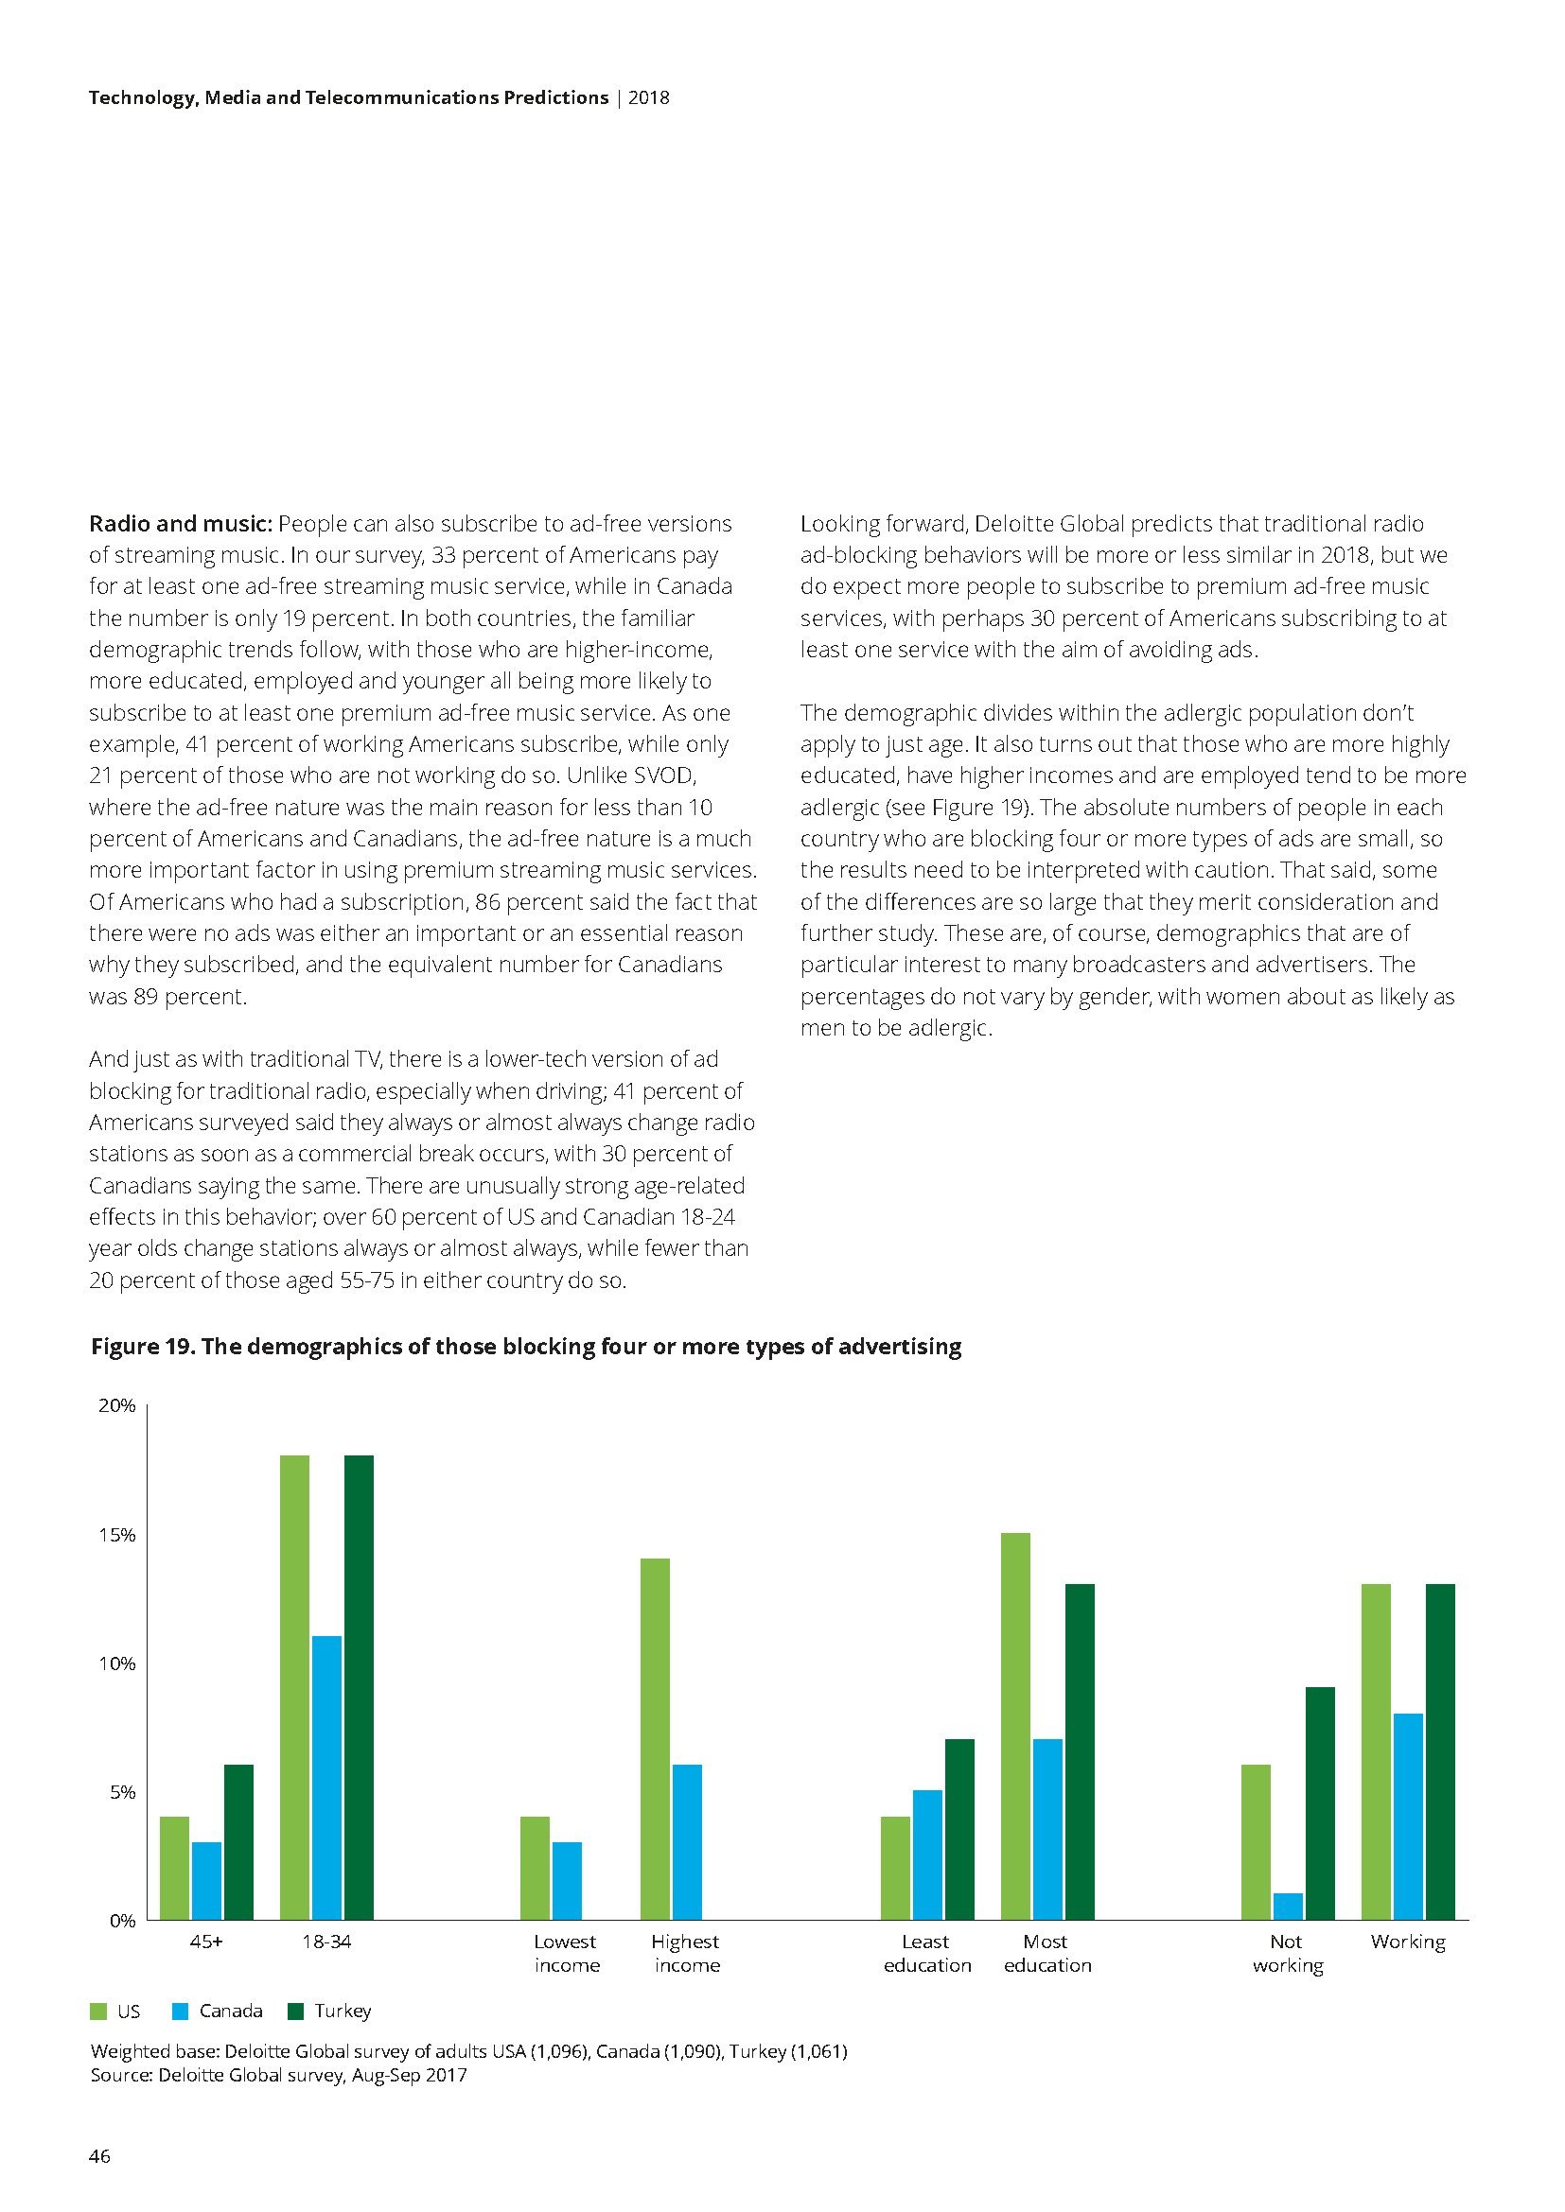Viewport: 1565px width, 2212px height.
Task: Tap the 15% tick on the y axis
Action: (116, 1535)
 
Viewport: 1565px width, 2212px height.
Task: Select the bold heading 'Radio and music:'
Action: (181, 524)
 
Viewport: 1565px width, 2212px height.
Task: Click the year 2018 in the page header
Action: (648, 97)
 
